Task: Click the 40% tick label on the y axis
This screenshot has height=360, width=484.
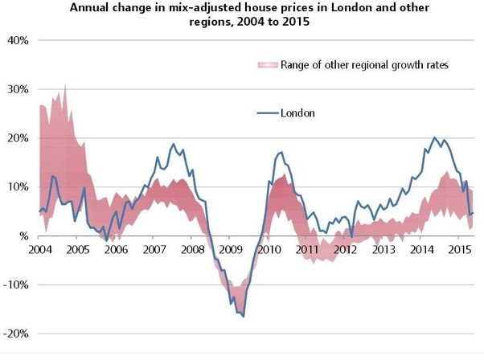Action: coord(18,40)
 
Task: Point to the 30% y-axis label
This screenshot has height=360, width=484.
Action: coord(18,89)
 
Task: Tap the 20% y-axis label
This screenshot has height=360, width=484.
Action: coord(18,138)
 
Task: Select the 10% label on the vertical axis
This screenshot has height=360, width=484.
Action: coord(18,187)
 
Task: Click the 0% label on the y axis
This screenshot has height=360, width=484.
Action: coord(22,236)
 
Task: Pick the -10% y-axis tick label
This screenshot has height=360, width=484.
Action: coord(17,285)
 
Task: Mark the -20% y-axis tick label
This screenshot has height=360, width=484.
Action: coord(17,334)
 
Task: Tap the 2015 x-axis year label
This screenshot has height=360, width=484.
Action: coord(458,249)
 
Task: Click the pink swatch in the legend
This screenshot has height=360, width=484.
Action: coord(266,64)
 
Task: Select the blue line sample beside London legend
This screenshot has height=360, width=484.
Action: coord(266,113)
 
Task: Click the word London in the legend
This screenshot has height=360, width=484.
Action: coord(297,113)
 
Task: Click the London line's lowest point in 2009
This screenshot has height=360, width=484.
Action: coord(243,317)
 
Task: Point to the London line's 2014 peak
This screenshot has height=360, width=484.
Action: coord(434,138)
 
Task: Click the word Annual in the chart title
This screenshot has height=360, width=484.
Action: coord(89,8)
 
